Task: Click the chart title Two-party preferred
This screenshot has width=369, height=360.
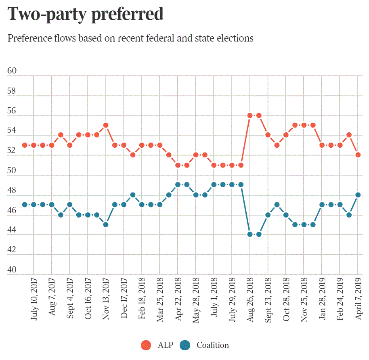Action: coord(86,14)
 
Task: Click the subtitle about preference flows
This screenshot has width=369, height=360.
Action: coord(130,38)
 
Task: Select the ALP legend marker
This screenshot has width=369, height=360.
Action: coord(146,345)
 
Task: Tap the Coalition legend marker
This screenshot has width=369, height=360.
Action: coord(185,345)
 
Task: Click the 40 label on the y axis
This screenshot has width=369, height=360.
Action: coord(12,270)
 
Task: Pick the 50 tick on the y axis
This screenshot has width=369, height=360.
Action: coord(12,171)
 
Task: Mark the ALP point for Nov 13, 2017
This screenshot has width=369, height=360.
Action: coord(106,125)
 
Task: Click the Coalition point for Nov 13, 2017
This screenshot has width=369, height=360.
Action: coord(106,224)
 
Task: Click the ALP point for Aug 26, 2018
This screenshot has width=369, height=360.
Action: coord(250,115)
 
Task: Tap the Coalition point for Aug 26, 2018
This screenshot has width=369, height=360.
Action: coord(250,234)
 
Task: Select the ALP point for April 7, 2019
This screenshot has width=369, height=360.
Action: coord(358,155)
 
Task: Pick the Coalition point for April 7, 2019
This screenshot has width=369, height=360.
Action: coord(358,195)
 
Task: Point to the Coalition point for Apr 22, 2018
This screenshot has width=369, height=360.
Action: coord(178,185)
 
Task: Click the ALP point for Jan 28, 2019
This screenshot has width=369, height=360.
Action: coord(322,145)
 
